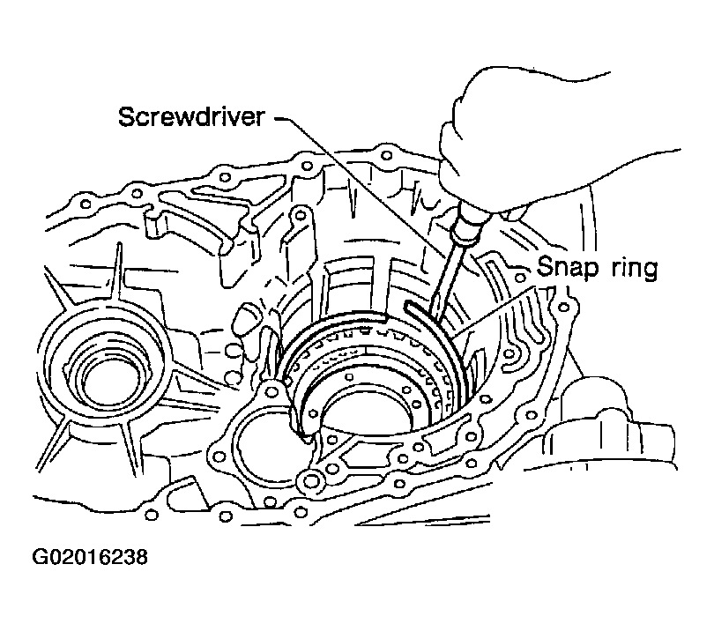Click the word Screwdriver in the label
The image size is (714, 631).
click(191, 116)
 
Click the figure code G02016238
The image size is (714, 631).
click(90, 557)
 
